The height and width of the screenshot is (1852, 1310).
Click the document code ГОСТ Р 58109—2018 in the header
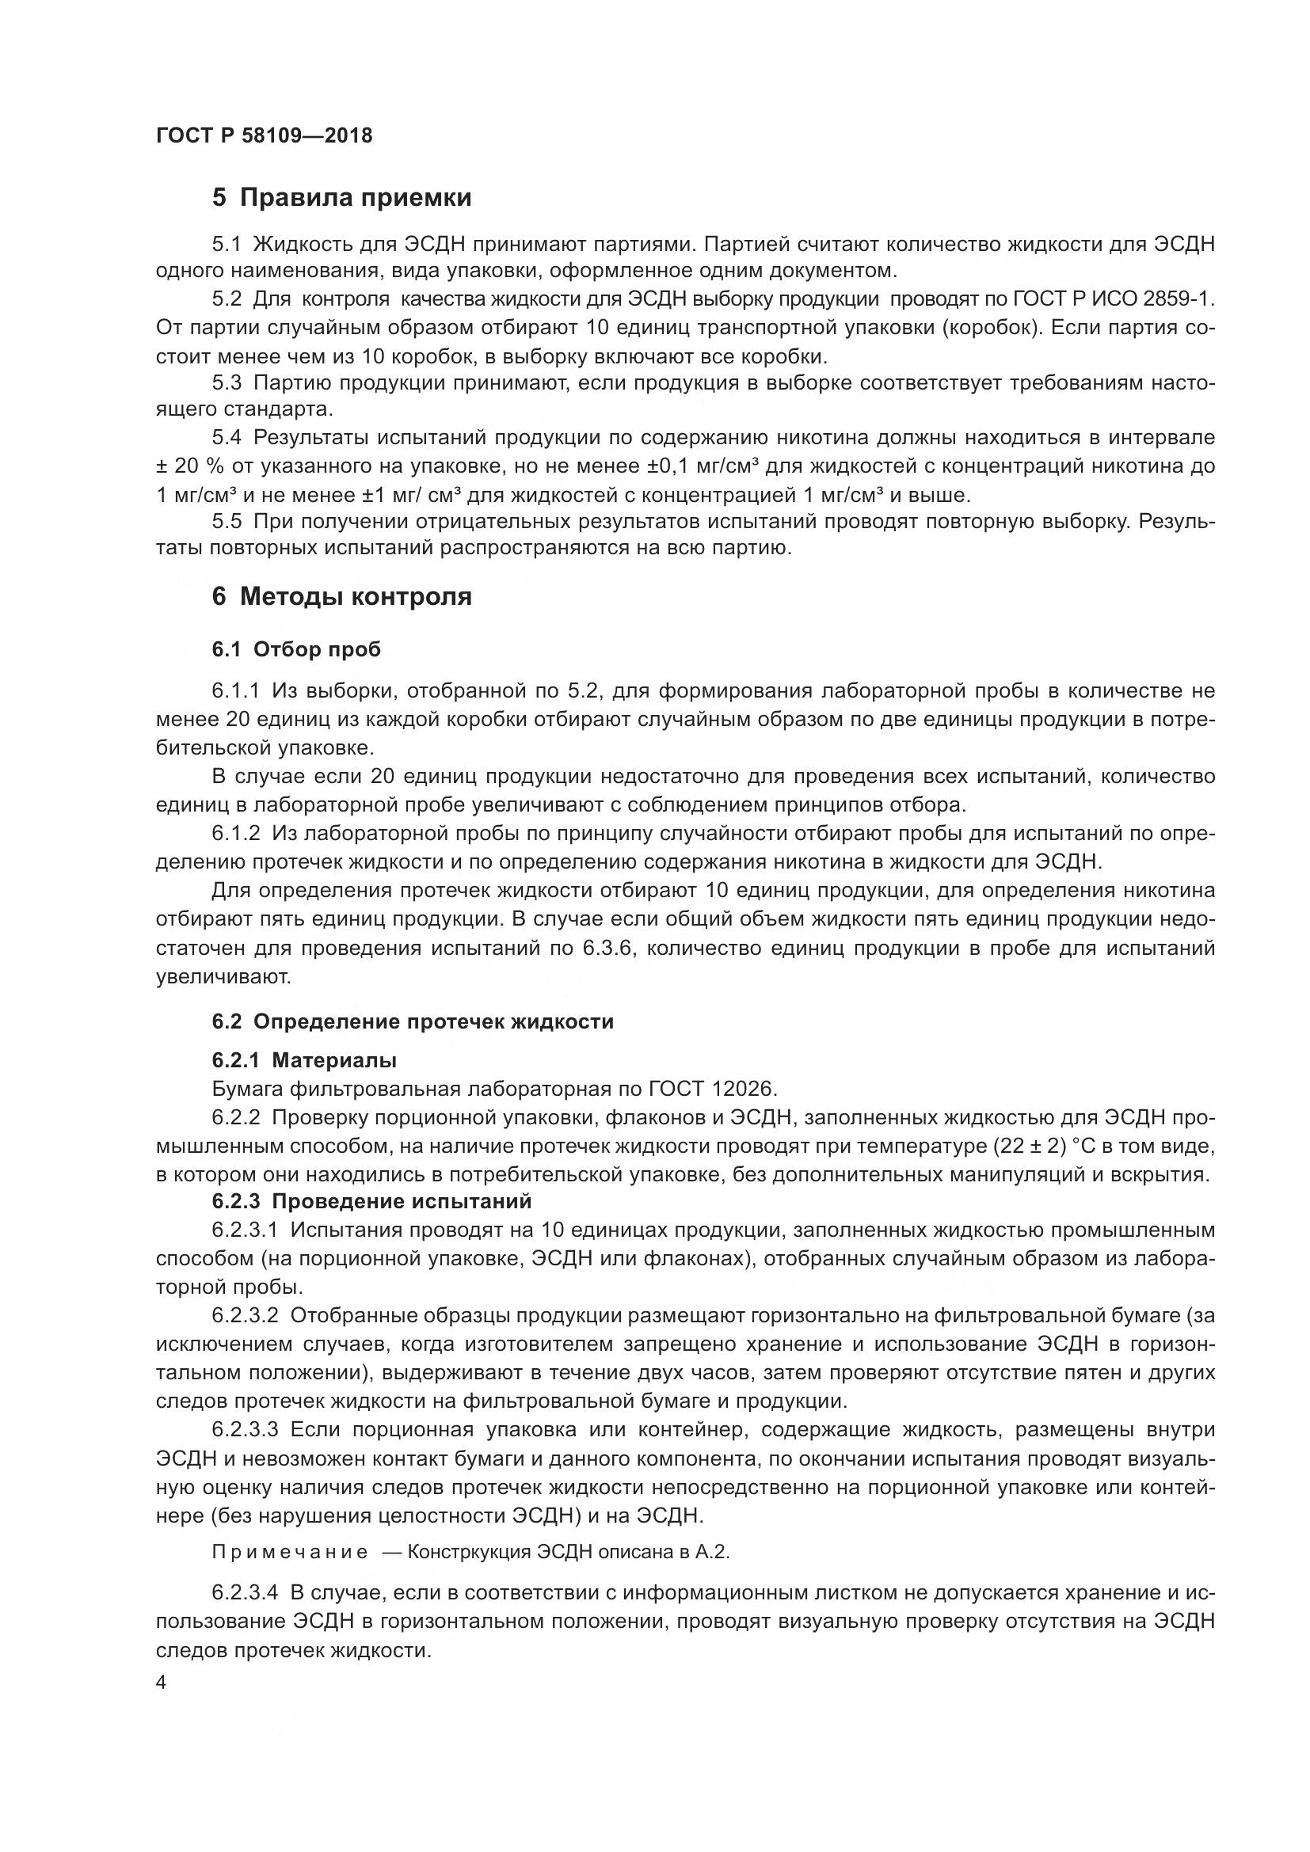[x=264, y=135]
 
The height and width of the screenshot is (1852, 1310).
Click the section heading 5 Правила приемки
[x=342, y=198]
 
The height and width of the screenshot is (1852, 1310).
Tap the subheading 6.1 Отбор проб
[x=296, y=649]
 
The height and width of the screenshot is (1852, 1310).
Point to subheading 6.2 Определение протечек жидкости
[x=412, y=1021]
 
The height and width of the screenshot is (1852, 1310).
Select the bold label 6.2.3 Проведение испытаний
[x=372, y=1201]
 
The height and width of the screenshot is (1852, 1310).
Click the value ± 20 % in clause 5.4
[x=186, y=466]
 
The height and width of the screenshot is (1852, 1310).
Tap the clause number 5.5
[x=227, y=521]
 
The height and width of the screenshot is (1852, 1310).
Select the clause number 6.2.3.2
[x=246, y=1316]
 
